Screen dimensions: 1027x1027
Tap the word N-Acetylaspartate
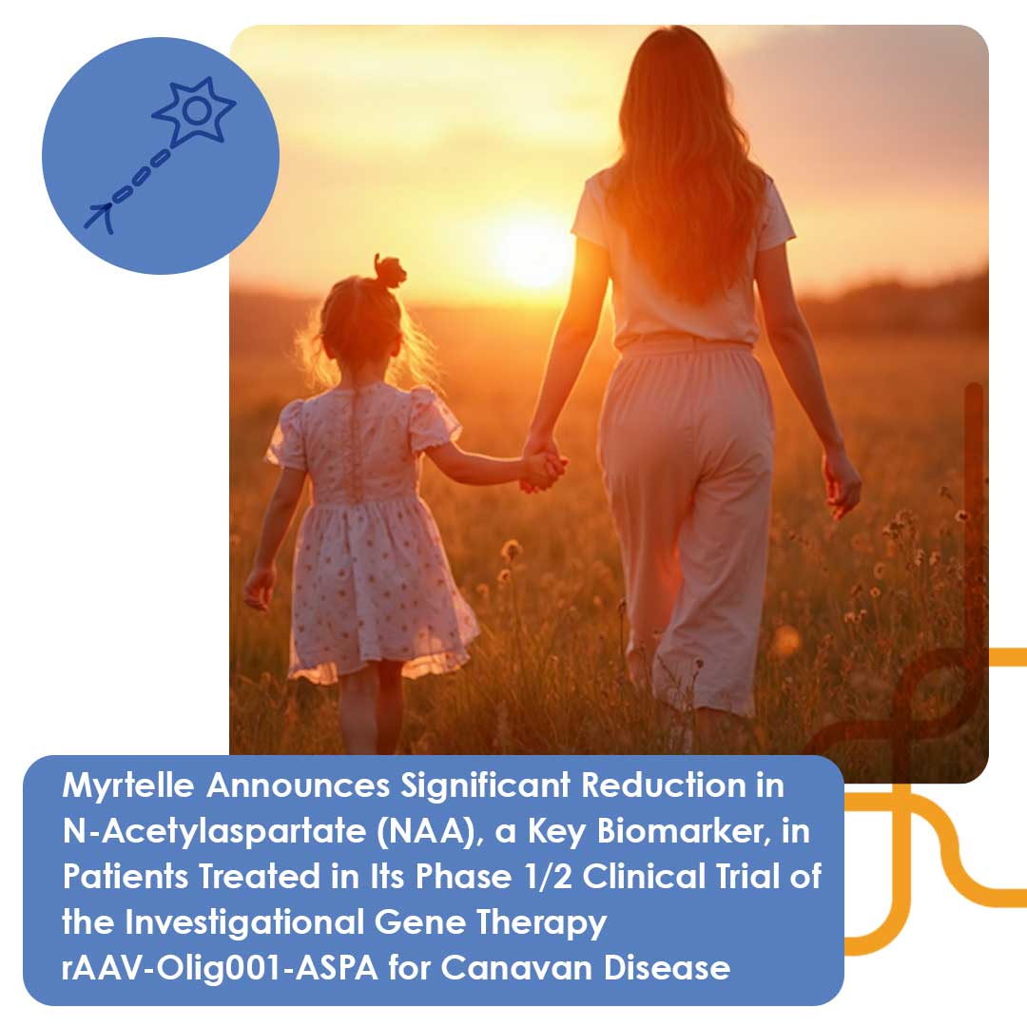click(191, 830)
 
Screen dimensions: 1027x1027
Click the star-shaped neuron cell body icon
click(195, 112)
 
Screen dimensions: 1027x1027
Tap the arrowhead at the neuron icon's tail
click(98, 218)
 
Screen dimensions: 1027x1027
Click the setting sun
click(533, 251)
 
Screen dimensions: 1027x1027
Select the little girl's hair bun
click(389, 271)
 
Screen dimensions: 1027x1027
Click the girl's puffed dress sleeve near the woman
click(433, 419)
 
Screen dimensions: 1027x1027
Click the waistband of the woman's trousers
click(685, 346)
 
